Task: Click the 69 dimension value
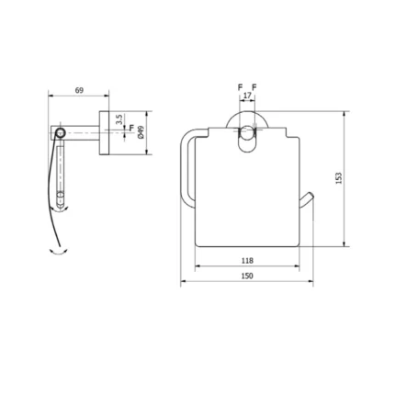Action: click(x=79, y=90)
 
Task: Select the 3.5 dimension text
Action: click(x=119, y=119)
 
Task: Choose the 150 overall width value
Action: click(x=246, y=275)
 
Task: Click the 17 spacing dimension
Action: click(x=247, y=95)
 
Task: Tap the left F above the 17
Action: click(x=240, y=87)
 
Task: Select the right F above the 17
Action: click(x=254, y=87)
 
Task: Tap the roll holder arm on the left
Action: click(x=185, y=165)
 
